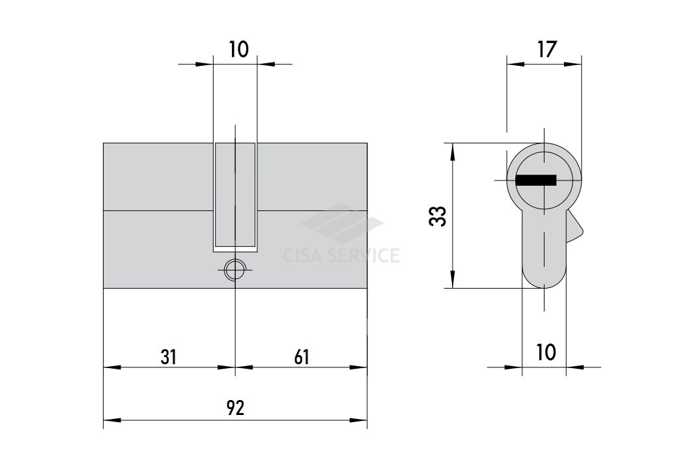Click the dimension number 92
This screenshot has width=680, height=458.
point(236,408)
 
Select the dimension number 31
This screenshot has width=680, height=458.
point(169,357)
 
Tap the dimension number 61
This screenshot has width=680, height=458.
point(302,357)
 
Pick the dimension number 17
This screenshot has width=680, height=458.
point(546,50)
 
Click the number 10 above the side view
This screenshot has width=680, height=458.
point(238,50)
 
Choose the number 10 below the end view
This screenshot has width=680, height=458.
point(546,352)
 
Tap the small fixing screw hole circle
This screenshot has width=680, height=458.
point(235,270)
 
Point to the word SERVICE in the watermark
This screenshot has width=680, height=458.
point(364,255)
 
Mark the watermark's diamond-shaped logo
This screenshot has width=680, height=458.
point(342,224)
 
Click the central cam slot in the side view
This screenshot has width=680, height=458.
point(235,197)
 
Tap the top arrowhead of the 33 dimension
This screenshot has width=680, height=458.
point(452,151)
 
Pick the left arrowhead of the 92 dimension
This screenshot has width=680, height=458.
point(112,420)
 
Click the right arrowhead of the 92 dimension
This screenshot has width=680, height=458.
point(359,420)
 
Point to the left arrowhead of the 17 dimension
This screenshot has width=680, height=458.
point(516,64)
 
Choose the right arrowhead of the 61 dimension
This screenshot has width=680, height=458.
point(359,367)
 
